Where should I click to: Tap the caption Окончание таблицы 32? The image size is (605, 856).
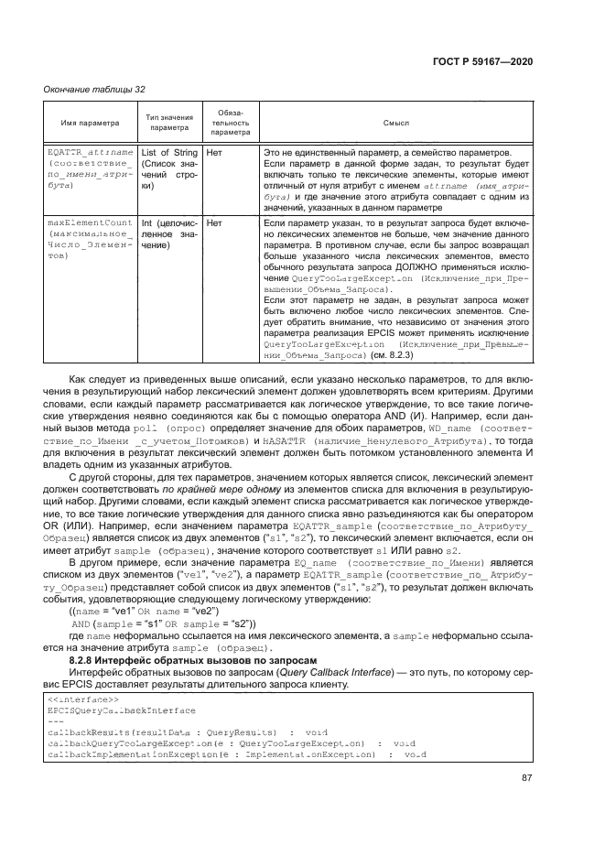pos(91,89)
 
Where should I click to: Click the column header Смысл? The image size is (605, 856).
pos(395,122)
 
